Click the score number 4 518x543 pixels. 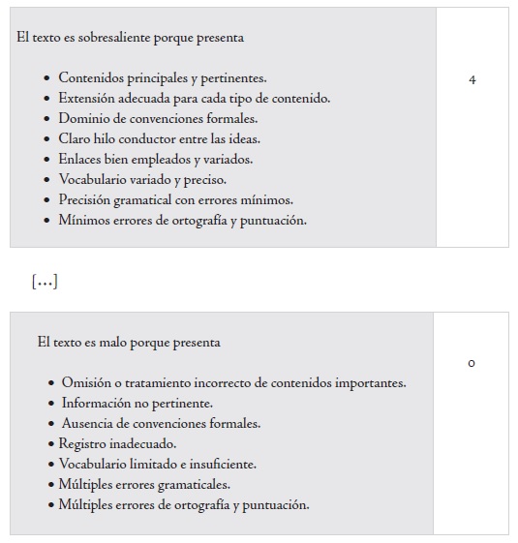(x=472, y=79)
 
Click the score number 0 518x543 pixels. (x=472, y=364)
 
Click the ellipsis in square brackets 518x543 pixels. (x=45, y=282)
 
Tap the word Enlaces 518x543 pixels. (x=81, y=160)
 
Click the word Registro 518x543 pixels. (x=84, y=444)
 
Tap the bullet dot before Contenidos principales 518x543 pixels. (x=48, y=78)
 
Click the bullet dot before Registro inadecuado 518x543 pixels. (x=51, y=444)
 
